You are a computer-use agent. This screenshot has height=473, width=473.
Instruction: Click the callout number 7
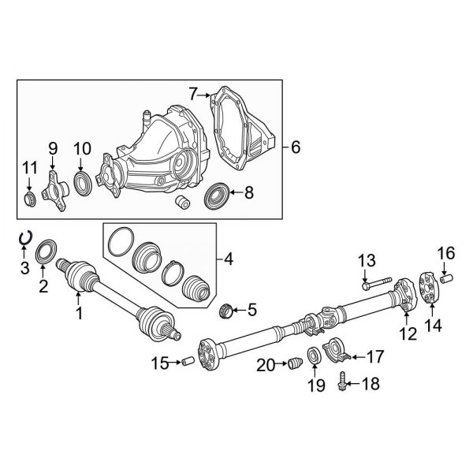(193, 95)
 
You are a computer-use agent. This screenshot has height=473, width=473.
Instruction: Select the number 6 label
(296, 147)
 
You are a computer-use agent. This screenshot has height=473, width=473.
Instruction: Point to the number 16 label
(447, 253)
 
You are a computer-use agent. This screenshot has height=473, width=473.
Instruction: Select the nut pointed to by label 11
(29, 196)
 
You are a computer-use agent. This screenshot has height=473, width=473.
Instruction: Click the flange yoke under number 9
(55, 188)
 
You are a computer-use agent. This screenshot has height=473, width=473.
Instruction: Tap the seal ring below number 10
(82, 184)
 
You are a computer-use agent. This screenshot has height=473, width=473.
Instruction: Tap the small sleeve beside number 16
(449, 277)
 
